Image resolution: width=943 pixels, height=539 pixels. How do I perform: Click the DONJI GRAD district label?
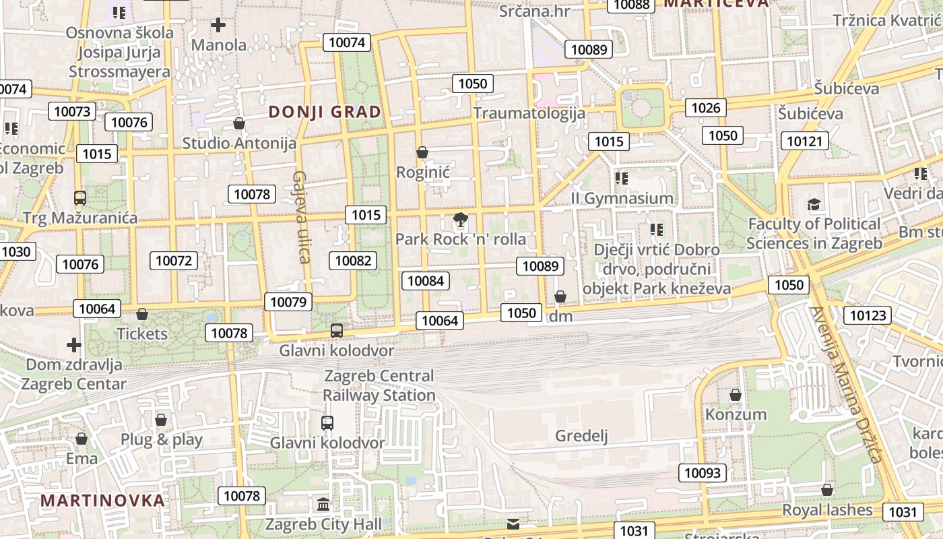(x=325, y=112)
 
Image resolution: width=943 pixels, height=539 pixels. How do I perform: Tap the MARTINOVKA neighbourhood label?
(x=102, y=501)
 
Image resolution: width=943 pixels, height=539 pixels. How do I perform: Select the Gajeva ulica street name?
(x=300, y=216)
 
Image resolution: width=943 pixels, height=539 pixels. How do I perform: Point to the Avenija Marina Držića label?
(x=845, y=385)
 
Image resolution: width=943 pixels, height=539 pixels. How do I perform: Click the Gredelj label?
(x=581, y=436)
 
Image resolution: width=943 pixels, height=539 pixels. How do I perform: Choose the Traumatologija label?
(x=529, y=113)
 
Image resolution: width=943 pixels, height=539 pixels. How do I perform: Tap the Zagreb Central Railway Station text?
(x=379, y=385)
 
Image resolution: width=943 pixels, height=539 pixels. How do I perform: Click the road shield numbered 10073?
(x=72, y=111)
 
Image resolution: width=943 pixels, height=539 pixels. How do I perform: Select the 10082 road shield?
(x=353, y=261)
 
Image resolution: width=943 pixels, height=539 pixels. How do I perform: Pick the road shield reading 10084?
(x=426, y=280)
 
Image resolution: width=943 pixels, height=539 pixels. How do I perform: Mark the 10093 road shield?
(x=702, y=473)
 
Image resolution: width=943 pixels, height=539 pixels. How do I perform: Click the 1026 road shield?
(x=705, y=108)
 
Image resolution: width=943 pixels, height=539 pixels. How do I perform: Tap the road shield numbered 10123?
(x=869, y=315)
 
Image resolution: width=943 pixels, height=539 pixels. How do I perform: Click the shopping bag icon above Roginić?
(x=422, y=153)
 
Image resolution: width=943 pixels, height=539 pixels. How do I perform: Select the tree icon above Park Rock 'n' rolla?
(x=461, y=219)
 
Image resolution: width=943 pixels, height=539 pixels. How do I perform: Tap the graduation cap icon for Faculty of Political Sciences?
(x=814, y=204)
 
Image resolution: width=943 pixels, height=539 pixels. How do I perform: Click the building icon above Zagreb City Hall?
(x=323, y=504)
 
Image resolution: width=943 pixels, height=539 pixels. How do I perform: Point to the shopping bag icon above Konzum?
(x=736, y=394)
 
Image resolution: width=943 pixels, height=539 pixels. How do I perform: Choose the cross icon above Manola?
(x=218, y=26)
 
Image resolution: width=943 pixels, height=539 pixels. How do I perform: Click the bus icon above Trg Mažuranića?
(x=80, y=198)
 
